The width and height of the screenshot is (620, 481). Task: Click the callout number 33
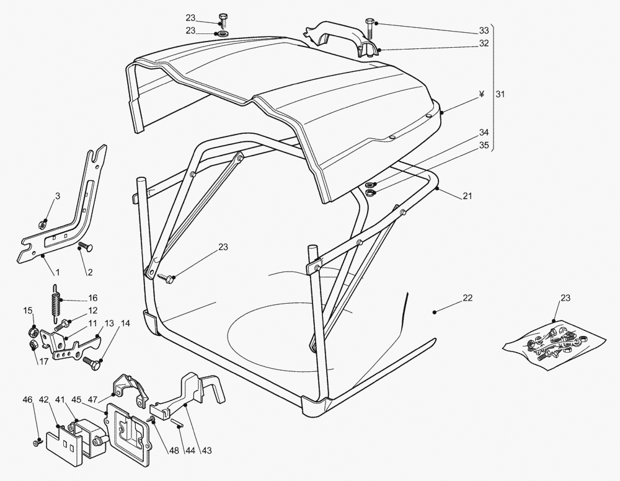tap(484, 31)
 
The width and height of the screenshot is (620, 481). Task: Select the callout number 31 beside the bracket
tap(500, 94)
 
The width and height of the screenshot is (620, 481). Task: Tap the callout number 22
tap(467, 298)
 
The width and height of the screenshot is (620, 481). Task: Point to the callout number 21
tap(467, 196)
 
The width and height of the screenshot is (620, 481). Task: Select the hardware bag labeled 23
tap(554, 345)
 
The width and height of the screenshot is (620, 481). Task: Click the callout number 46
tap(27, 400)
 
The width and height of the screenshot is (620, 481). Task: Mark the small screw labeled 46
tap(37, 443)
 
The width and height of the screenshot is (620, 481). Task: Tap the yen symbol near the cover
tap(482, 94)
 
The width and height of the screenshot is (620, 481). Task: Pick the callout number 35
tap(484, 145)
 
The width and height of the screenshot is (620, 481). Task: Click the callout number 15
tap(28, 311)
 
